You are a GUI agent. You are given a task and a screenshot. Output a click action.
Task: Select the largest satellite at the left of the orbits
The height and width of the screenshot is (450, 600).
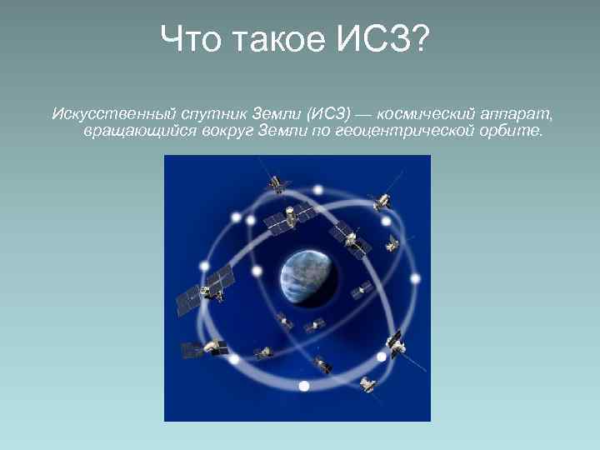205,287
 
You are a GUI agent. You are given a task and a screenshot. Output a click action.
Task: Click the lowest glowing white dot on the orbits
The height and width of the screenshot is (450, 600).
304,386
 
